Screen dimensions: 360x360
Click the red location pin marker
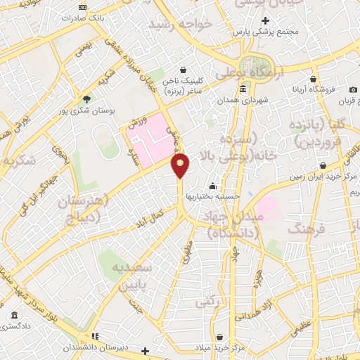tap(181, 165)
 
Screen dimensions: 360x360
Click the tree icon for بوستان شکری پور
tap(87, 99)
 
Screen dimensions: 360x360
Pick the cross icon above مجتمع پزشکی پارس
tap(265, 20)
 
